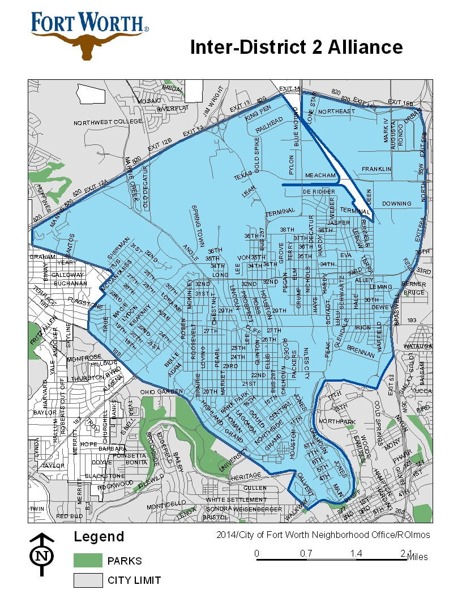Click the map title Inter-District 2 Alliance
tap(296, 47)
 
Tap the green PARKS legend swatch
tap(87, 561)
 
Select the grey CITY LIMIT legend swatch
tap(87, 580)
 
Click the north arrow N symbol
tap(42, 556)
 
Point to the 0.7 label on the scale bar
tap(307, 553)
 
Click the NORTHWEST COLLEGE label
tap(108, 122)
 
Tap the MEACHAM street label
tap(320, 176)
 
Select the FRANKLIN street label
tap(377, 169)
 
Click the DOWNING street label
tap(396, 203)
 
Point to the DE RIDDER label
tap(319, 193)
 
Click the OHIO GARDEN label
tap(162, 391)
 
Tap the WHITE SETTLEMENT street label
tap(236, 499)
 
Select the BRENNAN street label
tap(361, 352)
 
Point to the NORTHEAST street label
tap(336, 112)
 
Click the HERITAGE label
tap(247, 477)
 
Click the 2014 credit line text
tap(323, 535)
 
